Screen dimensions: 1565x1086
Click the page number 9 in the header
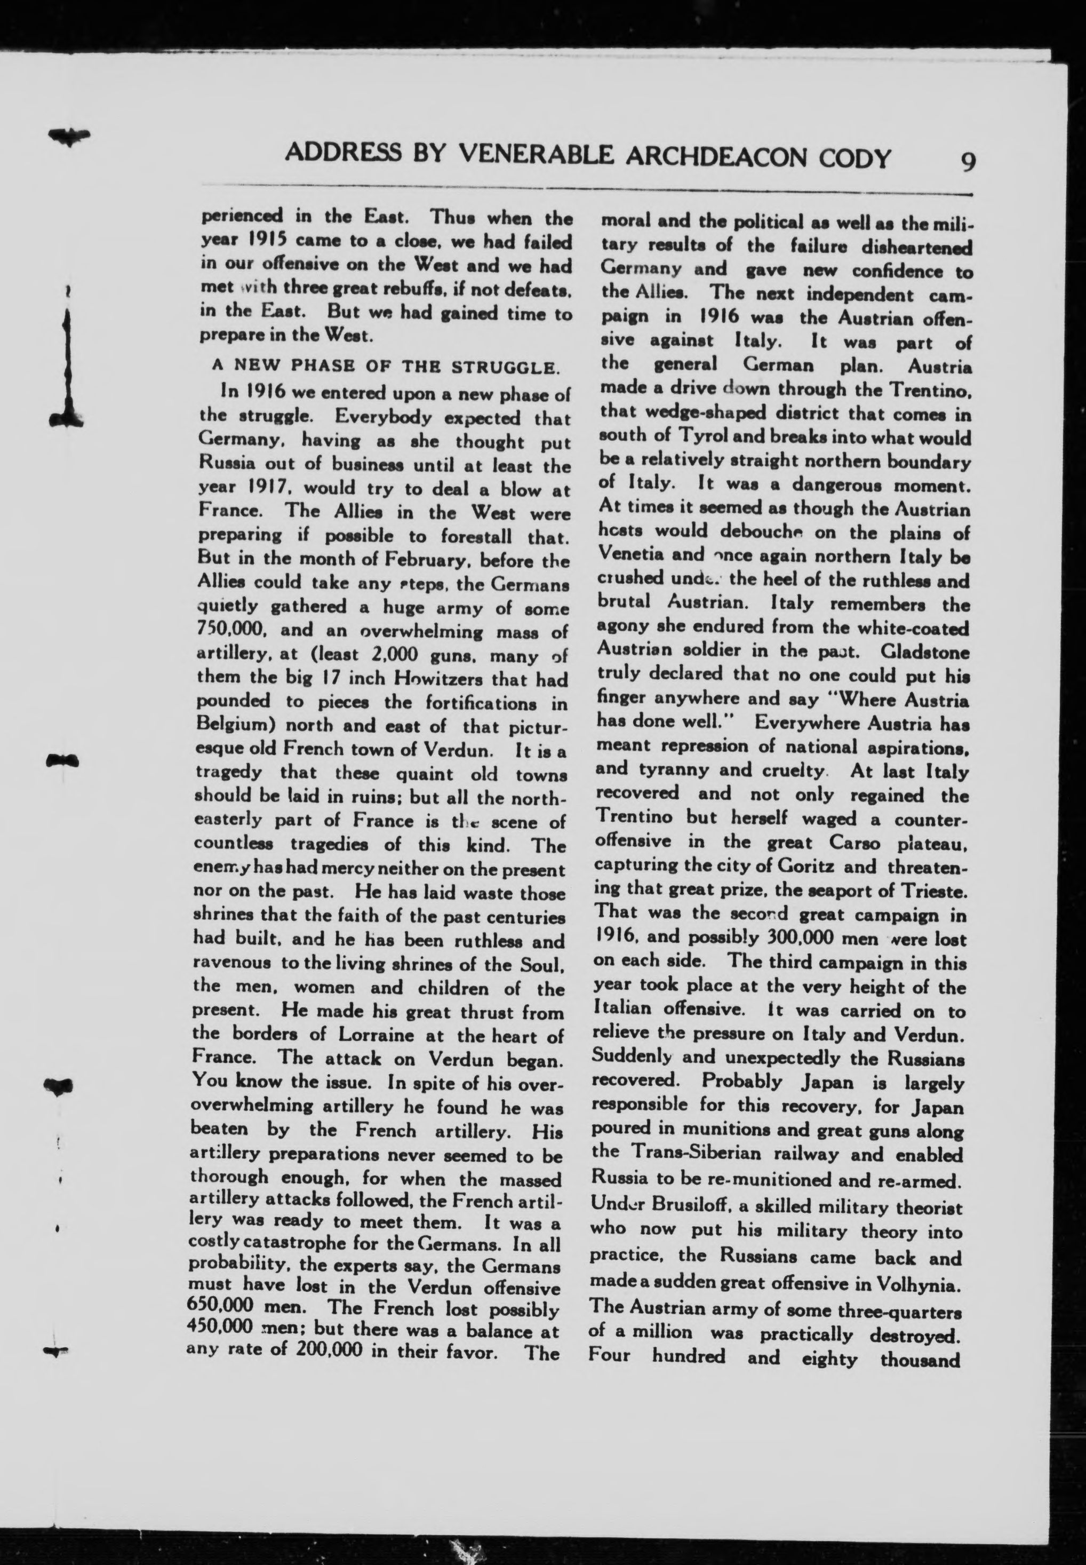tap(968, 161)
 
